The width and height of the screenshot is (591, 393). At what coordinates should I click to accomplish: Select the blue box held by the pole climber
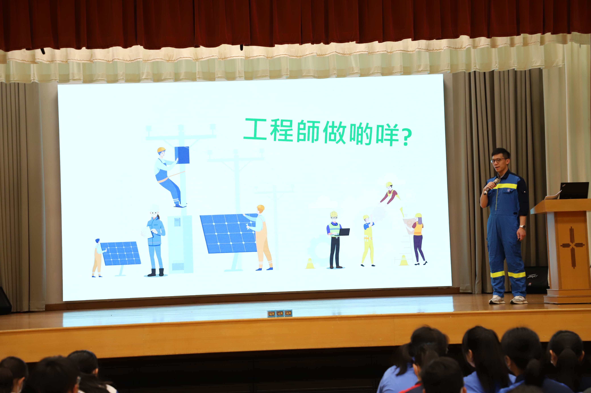click(x=182, y=155)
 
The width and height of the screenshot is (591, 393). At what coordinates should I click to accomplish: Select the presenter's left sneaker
click(x=519, y=300)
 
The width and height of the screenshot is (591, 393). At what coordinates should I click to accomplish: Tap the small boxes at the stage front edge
click(x=280, y=313)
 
